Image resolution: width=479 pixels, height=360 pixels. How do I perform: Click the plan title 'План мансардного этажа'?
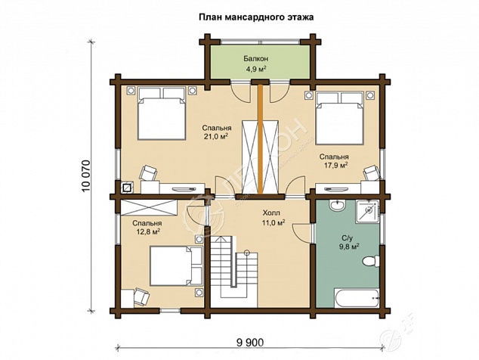[x=256, y=17]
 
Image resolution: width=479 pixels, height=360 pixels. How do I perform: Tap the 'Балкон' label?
[x=256, y=58]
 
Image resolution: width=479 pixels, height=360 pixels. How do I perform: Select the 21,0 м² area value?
[x=217, y=136]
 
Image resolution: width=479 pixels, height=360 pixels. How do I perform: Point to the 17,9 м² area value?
[x=335, y=166]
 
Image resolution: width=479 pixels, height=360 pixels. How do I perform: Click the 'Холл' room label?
[x=271, y=213]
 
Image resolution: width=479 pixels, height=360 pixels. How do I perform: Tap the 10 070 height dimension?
[x=86, y=176]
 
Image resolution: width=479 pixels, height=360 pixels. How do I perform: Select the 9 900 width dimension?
[x=249, y=343]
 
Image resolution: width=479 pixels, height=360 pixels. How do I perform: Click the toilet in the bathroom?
[x=370, y=262]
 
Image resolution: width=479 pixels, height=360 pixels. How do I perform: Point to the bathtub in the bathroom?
[x=357, y=297]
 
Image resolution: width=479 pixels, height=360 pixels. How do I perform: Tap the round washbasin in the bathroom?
[x=337, y=204]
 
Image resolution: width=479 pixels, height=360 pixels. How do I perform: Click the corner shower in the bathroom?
[x=367, y=211]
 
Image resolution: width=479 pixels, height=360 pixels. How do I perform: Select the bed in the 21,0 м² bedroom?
[x=162, y=113]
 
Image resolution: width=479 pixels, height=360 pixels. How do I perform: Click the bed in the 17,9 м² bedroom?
[x=340, y=118]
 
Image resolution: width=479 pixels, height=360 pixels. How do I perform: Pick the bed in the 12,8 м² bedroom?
[x=176, y=265]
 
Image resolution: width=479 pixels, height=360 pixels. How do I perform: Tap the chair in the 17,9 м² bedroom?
[x=372, y=172]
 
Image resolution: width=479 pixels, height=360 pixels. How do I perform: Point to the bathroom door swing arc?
[x=300, y=231]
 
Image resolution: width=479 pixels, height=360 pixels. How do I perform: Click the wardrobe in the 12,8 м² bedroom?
[x=149, y=208]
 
